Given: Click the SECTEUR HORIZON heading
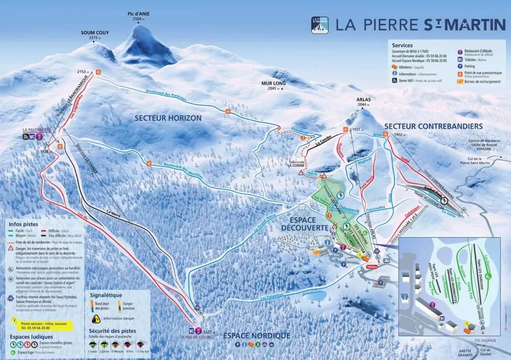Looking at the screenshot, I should (x=167, y=118).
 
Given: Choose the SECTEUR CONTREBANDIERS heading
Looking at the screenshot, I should (x=433, y=126).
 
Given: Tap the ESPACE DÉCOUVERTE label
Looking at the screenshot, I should (x=305, y=224).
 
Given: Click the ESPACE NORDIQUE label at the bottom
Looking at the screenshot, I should (x=256, y=335).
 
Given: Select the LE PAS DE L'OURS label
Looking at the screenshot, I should (x=196, y=337).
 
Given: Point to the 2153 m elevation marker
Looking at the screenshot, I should (x=83, y=72).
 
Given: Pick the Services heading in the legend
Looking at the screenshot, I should (x=402, y=45).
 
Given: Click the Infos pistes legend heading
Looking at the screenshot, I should (x=24, y=224).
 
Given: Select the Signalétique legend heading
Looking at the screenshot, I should (x=106, y=295).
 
